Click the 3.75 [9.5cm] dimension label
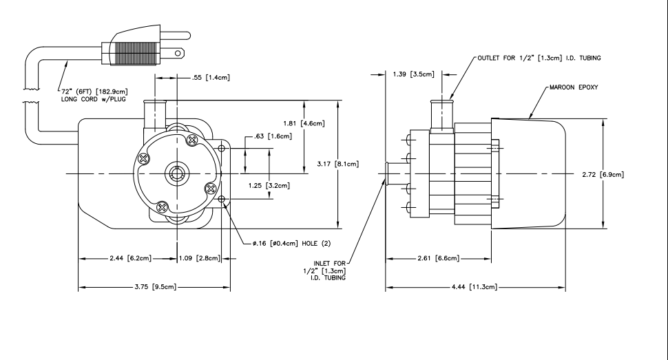155,287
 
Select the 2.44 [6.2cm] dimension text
130,258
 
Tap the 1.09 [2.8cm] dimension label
200,258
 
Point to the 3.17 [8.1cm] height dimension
338,164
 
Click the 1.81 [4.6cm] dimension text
304,123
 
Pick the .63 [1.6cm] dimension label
273,136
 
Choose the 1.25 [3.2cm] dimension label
269,185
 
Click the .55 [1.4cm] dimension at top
211,77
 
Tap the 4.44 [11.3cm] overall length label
474,287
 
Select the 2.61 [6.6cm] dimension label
439,258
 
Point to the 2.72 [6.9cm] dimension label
603,174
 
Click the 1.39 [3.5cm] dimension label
413,74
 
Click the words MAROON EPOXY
574,87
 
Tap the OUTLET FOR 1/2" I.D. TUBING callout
539,58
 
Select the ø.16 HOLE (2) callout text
291,244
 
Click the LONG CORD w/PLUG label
93,99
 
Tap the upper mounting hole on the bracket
221,148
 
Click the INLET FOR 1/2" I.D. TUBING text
324,271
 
